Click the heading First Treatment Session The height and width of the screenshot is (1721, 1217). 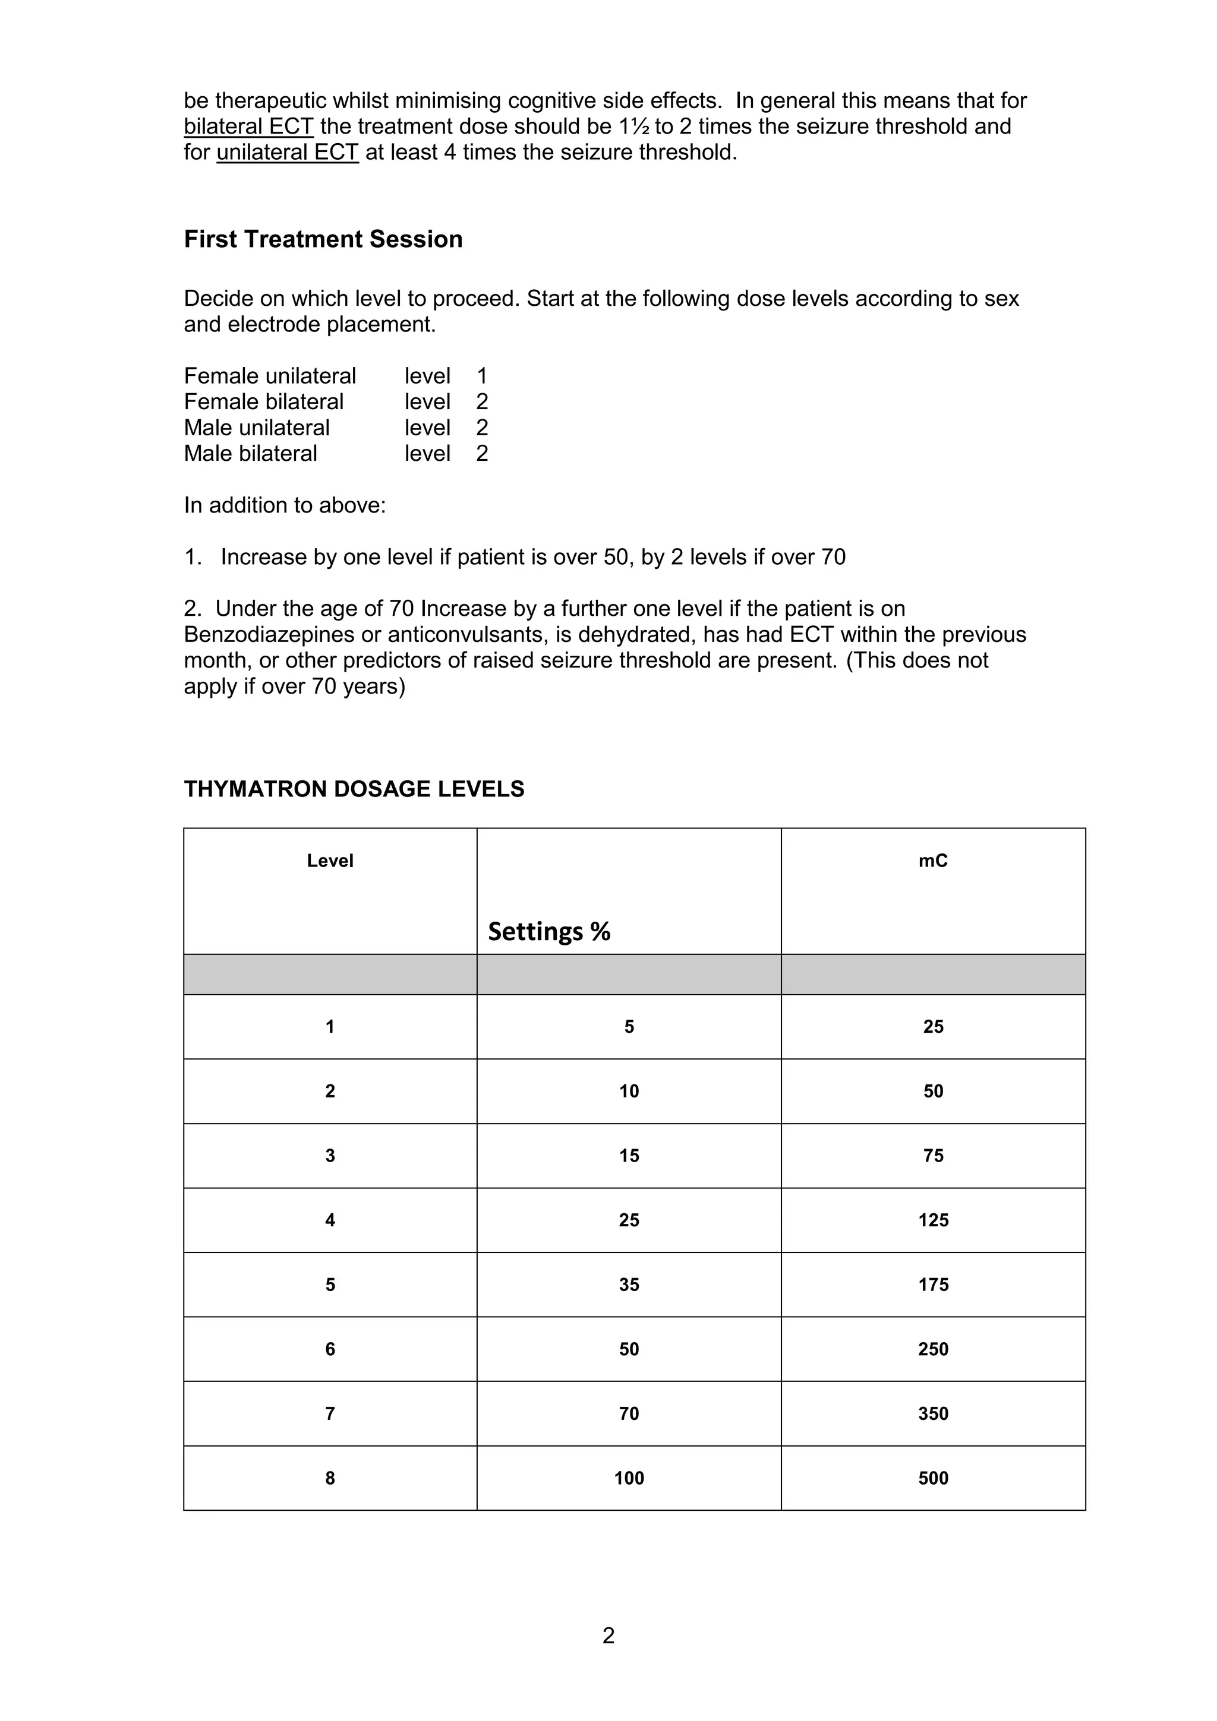tap(323, 239)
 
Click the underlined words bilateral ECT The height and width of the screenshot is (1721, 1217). tap(248, 126)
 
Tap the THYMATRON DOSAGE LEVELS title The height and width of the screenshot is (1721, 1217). tap(354, 789)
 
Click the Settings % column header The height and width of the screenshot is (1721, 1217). tap(549, 931)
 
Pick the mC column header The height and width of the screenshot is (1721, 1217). tap(933, 860)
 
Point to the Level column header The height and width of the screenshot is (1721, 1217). tap(330, 860)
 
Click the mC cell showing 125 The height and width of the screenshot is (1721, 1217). tap(933, 1220)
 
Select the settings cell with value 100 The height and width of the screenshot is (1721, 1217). tap(628, 1478)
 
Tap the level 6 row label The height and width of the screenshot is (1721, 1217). tap(330, 1349)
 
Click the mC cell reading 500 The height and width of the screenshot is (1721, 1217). tap(933, 1478)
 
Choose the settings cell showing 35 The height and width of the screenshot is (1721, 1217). tap(628, 1284)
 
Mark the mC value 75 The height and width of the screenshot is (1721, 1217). tap(933, 1155)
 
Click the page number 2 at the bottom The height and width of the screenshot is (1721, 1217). tap(608, 1635)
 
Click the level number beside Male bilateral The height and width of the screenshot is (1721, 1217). tap(482, 454)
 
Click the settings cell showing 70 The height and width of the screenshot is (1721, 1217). tap(628, 1413)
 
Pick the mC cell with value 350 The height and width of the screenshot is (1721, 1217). tap(933, 1413)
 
